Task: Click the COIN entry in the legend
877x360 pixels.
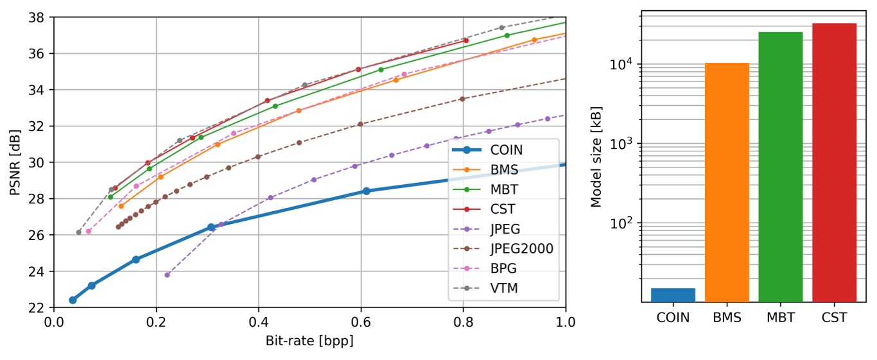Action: point(506,150)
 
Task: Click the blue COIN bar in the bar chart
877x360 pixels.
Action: point(673,295)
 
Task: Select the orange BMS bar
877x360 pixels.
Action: point(727,182)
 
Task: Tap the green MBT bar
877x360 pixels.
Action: point(780,167)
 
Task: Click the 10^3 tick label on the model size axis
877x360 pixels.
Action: point(619,143)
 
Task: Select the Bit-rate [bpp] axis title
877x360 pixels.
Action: point(309,341)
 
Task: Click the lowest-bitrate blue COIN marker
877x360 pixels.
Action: point(73,300)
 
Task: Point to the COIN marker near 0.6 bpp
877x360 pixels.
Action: point(366,191)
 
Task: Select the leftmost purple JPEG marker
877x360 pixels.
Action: point(167,275)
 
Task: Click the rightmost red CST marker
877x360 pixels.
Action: point(465,40)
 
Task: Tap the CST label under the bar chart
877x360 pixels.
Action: point(834,318)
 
